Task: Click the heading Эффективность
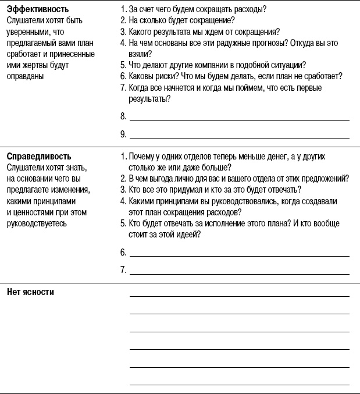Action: (x=37, y=9)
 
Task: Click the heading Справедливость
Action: (x=39, y=156)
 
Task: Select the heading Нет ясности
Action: (x=30, y=292)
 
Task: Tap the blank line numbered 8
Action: (x=239, y=117)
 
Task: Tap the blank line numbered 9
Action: (x=239, y=134)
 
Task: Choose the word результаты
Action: (x=148, y=98)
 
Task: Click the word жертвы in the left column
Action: (x=59, y=65)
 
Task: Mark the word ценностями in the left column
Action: (x=32, y=212)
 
